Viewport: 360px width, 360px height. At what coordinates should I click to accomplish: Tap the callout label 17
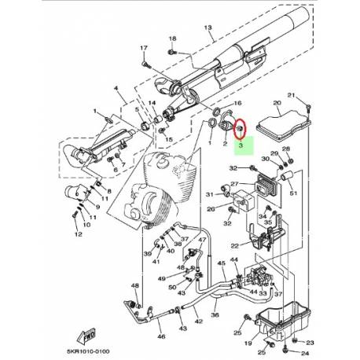click(x=143, y=49)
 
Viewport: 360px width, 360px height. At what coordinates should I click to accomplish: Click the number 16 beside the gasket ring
click(x=238, y=103)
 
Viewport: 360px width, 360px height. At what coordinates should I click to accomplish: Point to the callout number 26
click(x=210, y=209)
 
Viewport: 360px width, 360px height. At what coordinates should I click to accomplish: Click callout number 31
click(x=209, y=194)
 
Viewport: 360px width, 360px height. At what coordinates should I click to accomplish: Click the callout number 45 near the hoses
click(x=222, y=263)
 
